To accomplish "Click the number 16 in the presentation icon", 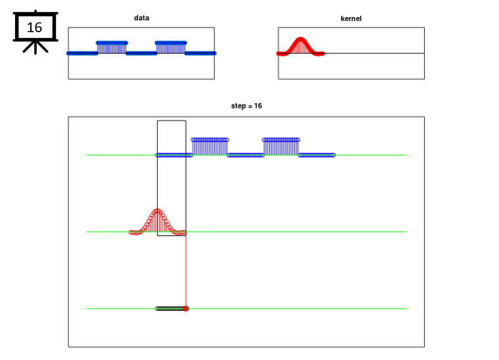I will [34, 28].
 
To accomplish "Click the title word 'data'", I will [141, 18].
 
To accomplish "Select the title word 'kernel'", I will [351, 18].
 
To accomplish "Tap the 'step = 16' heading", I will [247, 106].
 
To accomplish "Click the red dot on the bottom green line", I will [186, 308].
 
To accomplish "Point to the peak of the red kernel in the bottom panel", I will [158, 210].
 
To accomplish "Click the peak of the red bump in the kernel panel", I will [300, 39].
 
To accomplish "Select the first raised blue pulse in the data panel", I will [112, 47].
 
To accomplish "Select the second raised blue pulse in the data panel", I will [171, 47].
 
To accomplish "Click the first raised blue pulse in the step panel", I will [210, 146].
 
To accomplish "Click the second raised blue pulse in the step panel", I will [281, 146].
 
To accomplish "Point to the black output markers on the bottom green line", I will [170, 308].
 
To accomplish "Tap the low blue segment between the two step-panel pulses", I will [245, 155].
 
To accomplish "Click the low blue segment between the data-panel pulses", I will [141, 53].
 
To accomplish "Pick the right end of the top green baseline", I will [406, 155].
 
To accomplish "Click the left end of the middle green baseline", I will [87, 231].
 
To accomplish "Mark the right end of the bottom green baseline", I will [406, 308].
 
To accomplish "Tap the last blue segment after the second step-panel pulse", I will [316, 155].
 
